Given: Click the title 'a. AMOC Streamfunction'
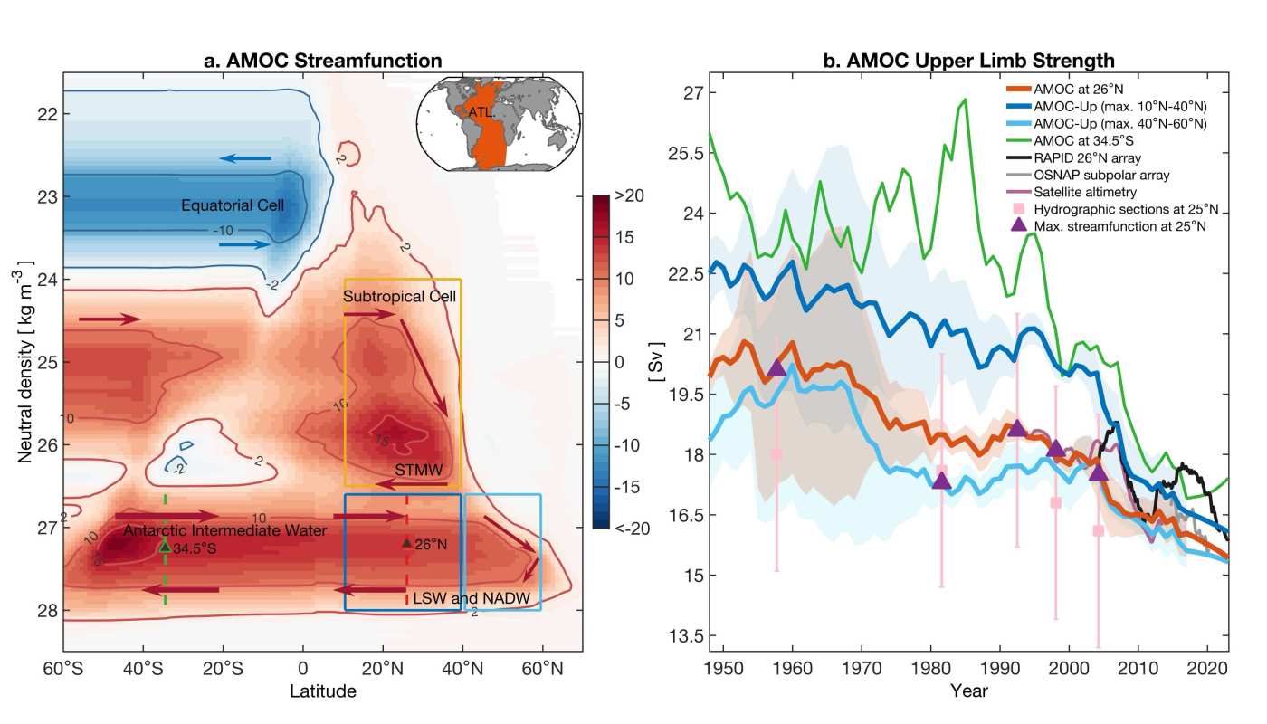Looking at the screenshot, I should [x=323, y=62].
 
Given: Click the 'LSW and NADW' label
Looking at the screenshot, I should [x=471, y=599].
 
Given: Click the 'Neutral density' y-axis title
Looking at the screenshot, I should [x=26, y=362].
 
